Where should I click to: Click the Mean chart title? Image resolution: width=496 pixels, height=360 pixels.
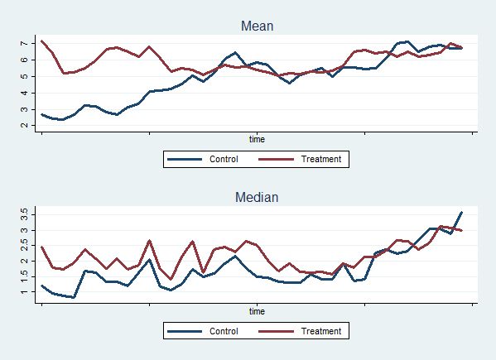(x=257, y=26)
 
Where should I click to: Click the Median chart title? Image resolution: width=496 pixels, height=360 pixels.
(x=257, y=197)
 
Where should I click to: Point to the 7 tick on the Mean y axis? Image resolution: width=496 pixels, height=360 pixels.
(x=25, y=43)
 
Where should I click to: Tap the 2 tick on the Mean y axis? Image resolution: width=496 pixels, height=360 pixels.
(x=25, y=126)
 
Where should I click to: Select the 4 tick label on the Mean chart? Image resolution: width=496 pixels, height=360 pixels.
(x=25, y=93)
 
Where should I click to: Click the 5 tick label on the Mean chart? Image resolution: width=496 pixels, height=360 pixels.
(x=25, y=76)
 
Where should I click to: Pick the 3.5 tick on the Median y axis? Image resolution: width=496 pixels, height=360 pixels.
(x=25, y=213)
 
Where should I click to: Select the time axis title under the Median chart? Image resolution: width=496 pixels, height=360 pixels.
(x=257, y=310)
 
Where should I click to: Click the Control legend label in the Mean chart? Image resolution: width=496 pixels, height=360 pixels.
(x=224, y=159)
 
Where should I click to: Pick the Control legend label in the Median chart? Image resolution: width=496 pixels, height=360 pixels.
(x=224, y=331)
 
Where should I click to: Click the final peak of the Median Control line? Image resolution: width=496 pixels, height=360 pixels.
(x=461, y=213)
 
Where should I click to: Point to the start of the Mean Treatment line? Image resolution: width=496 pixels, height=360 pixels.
(x=41, y=41)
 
